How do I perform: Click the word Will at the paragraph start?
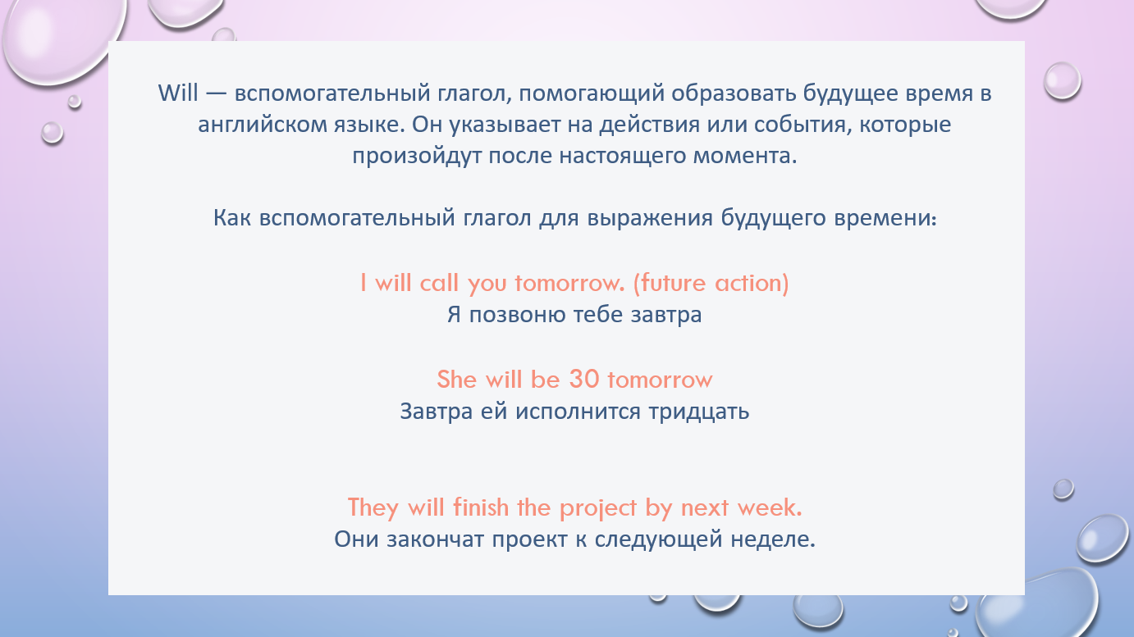(178, 93)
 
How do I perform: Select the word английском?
(262, 125)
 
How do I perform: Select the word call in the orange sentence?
(438, 283)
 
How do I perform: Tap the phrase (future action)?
(711, 283)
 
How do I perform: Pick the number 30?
(584, 379)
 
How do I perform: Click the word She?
(457, 379)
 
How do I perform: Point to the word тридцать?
(699, 412)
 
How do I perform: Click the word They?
(373, 508)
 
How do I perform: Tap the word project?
(598, 508)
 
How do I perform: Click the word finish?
(481, 507)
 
